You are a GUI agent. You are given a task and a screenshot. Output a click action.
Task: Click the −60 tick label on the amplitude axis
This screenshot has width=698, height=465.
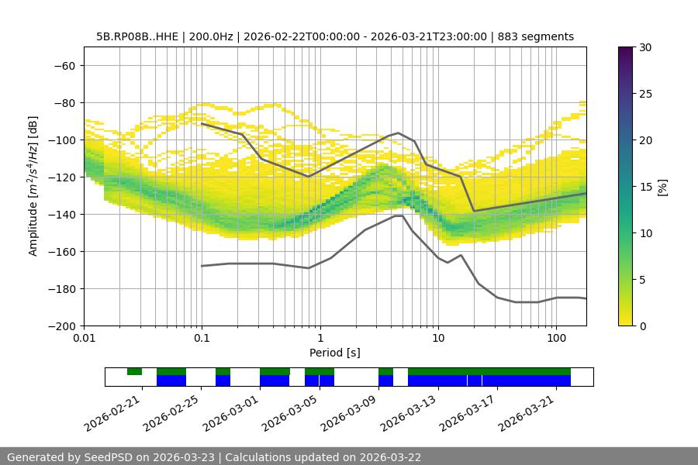point(64,65)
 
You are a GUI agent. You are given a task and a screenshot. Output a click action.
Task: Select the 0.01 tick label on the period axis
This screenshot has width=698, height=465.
point(84,338)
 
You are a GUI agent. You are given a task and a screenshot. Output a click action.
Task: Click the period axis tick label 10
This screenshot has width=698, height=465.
point(438,338)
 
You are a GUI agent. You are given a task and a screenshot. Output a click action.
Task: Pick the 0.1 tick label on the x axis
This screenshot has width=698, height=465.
point(202,338)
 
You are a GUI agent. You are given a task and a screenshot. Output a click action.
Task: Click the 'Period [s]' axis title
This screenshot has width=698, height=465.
point(335,353)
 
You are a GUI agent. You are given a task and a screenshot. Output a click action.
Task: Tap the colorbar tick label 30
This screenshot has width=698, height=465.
point(644,47)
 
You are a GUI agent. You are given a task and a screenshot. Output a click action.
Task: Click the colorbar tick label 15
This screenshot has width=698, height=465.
point(644,187)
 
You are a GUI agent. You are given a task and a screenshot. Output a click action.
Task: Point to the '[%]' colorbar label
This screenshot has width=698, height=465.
point(662,187)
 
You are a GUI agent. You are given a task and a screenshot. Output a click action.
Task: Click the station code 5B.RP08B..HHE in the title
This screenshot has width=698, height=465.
point(137,36)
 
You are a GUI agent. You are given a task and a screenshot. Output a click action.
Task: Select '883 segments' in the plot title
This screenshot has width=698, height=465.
point(536,36)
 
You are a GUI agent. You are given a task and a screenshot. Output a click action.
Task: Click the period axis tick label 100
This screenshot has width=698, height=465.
point(556,338)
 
